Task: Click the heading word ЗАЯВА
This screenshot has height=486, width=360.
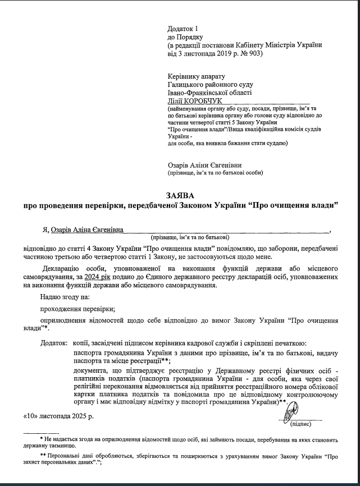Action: (179, 195)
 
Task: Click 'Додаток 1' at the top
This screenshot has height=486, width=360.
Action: (183, 28)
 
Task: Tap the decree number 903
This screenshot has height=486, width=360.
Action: (254, 54)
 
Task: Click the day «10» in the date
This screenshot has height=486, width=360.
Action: (31, 418)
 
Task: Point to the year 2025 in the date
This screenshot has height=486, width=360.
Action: (79, 418)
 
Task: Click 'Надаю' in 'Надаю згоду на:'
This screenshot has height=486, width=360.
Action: (49, 297)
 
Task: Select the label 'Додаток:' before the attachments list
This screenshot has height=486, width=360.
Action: (53, 342)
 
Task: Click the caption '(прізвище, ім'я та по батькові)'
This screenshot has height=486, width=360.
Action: (188, 237)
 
